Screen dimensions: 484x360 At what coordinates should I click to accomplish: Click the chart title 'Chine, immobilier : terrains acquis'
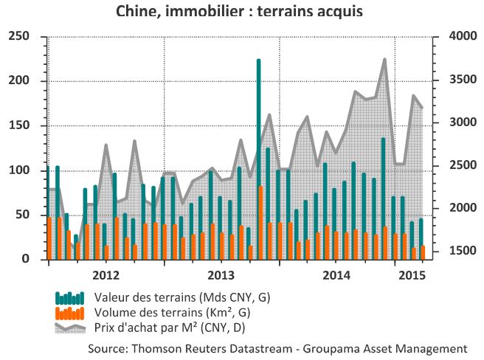(239, 11)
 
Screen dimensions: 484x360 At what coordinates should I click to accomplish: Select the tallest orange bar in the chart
(260, 223)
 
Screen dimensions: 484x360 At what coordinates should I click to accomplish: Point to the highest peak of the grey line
(384, 59)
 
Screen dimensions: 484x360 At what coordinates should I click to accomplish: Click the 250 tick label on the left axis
(18, 36)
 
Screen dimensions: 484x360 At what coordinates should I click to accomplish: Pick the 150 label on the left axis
(18, 125)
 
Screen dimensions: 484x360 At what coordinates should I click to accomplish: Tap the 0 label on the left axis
(25, 259)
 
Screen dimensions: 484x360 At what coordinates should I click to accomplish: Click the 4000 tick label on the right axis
(463, 36)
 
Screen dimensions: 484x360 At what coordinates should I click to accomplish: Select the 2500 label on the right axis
(463, 165)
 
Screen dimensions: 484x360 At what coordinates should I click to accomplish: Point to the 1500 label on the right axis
(463, 251)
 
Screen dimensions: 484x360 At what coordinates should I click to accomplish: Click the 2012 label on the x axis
(106, 275)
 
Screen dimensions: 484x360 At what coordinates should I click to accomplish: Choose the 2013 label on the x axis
(221, 275)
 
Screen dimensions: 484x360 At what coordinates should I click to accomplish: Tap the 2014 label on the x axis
(336, 275)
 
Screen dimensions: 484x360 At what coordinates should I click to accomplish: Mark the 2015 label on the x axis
(412, 275)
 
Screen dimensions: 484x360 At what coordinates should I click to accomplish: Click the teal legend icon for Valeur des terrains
(69, 298)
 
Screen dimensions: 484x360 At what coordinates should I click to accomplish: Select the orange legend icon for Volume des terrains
(69, 314)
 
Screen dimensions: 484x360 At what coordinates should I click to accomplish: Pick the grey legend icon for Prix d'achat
(70, 328)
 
